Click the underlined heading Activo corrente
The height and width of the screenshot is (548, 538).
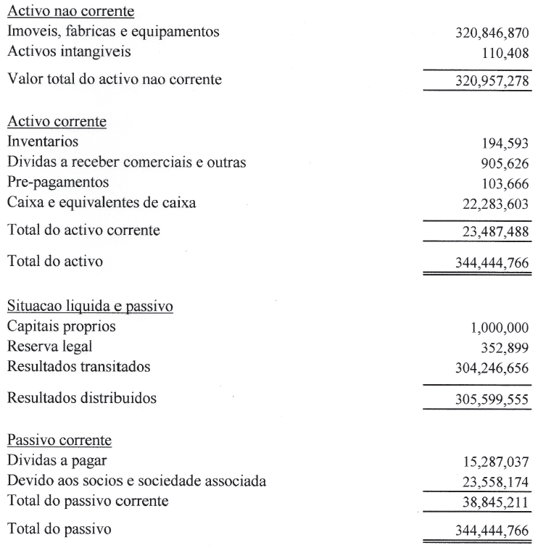pos(57,122)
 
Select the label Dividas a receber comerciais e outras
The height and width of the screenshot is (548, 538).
pos(125,161)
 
